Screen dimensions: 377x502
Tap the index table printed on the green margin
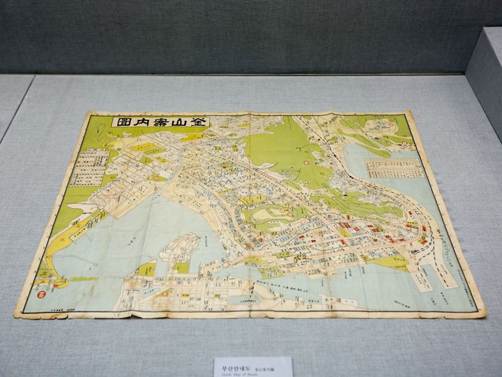tap(90, 167)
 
